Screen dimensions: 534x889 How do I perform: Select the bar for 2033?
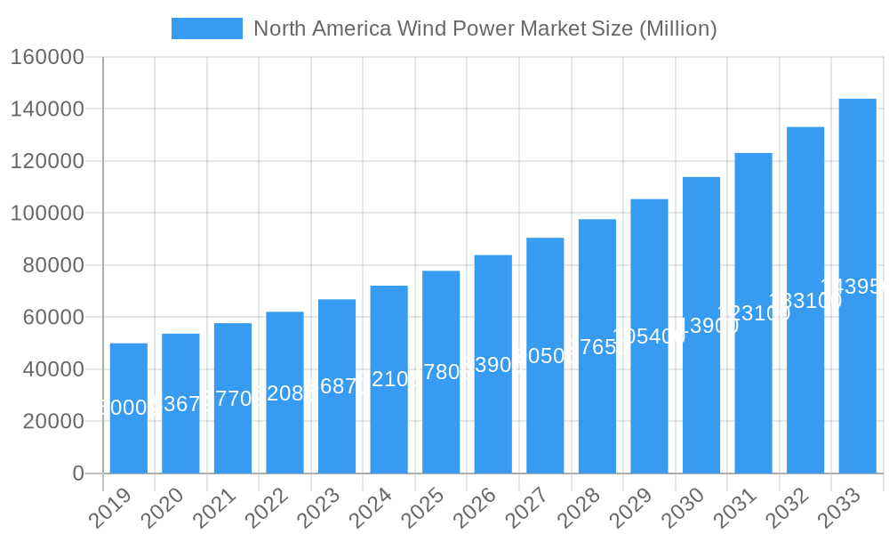857,286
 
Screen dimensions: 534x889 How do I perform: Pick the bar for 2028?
597,346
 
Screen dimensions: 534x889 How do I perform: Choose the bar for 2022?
284,392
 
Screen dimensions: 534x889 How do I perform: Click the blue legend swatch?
206,28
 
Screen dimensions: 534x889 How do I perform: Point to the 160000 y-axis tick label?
47,58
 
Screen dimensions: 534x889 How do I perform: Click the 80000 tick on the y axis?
52,265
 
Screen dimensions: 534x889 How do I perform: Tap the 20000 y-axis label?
52,421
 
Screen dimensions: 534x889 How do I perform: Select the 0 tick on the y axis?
78,473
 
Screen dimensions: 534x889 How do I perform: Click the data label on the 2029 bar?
649,336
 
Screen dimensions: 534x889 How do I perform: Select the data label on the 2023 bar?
337,386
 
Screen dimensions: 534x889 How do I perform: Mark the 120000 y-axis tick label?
47,161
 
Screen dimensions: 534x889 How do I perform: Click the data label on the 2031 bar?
753,312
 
